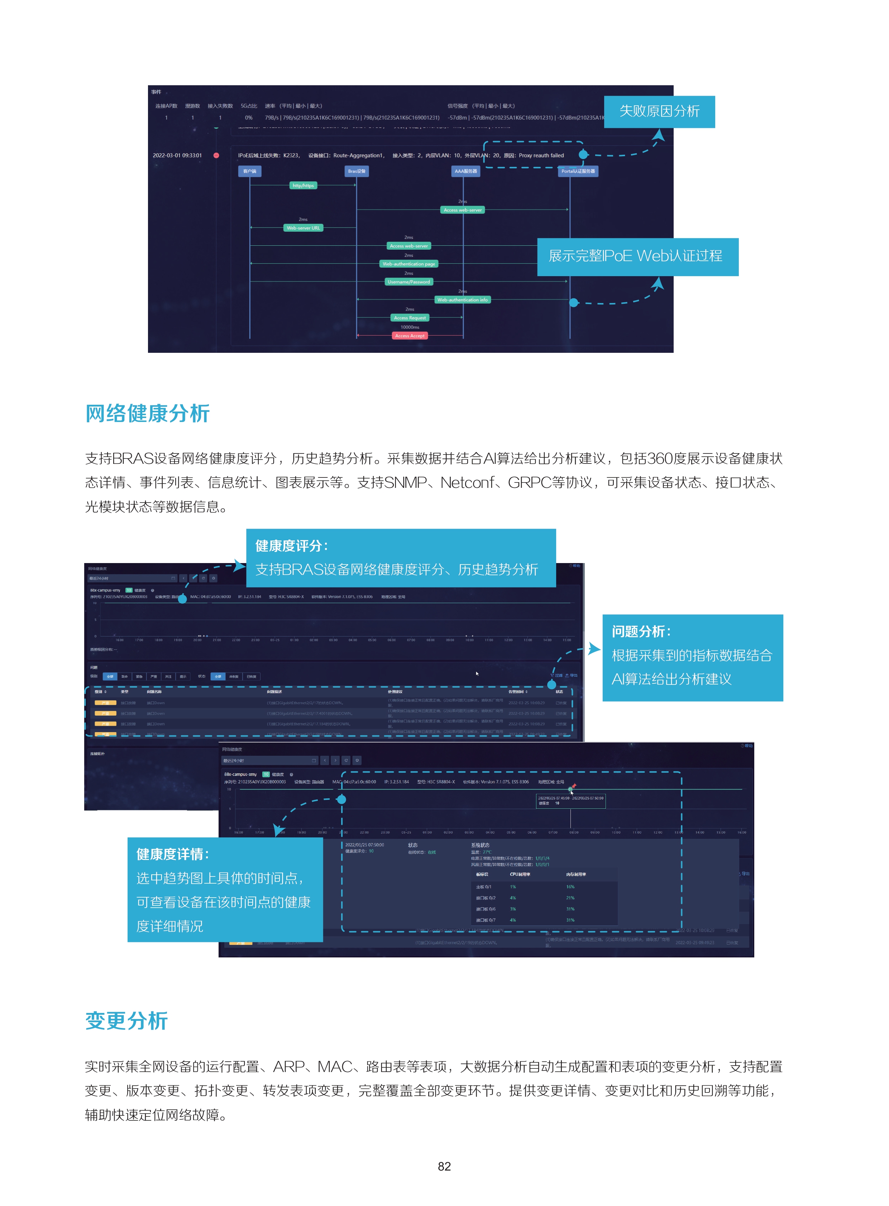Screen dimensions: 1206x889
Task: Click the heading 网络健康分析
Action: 147,414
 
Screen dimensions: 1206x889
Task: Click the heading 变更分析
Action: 126,1020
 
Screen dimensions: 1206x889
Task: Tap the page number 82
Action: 444,1166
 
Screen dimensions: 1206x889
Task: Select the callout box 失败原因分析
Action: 659,111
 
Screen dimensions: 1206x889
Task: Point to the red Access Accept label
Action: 410,336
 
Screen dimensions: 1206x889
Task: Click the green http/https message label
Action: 303,186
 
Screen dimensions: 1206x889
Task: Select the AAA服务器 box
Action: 465,171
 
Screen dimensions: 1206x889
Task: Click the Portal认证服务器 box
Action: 578,171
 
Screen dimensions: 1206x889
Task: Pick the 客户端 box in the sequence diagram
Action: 250,171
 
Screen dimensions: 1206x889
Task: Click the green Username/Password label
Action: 409,282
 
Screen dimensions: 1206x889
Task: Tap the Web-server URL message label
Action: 303,228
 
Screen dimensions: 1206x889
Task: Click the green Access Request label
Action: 410,318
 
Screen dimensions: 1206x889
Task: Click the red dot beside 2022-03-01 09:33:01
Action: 216,155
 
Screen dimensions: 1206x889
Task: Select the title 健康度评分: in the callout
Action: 292,546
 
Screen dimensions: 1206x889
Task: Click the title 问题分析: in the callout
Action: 641,631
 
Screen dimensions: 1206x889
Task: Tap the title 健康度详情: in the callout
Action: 173,854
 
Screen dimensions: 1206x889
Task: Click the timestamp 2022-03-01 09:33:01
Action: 177,155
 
